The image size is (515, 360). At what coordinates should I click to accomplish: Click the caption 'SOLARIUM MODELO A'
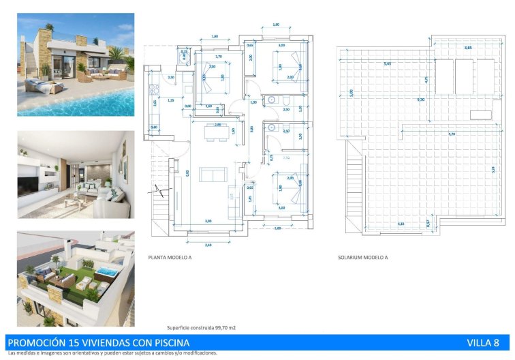click(x=362, y=258)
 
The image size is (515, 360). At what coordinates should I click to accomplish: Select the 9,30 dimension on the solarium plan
click(x=441, y=100)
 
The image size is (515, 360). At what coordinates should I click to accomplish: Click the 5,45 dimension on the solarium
click(x=388, y=64)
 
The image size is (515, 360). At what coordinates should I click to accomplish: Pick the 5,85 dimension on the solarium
click(x=468, y=48)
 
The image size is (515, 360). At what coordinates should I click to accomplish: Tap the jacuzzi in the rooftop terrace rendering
click(x=106, y=273)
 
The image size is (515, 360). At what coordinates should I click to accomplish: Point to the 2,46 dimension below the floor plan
click(x=207, y=243)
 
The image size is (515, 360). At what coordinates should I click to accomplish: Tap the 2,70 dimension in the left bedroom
click(x=218, y=57)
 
